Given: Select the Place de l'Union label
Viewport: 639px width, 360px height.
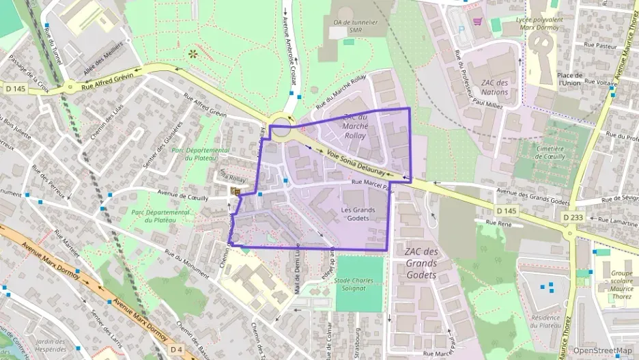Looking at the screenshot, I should (569, 79).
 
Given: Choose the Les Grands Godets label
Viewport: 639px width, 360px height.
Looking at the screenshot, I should (358, 213).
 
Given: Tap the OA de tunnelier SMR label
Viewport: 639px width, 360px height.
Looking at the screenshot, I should (355, 26).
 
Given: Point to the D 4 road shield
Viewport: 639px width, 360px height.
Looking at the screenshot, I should (177, 349).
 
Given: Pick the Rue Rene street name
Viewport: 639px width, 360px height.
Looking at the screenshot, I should (498, 223).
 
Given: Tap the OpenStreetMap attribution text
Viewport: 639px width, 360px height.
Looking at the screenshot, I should (601, 350).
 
